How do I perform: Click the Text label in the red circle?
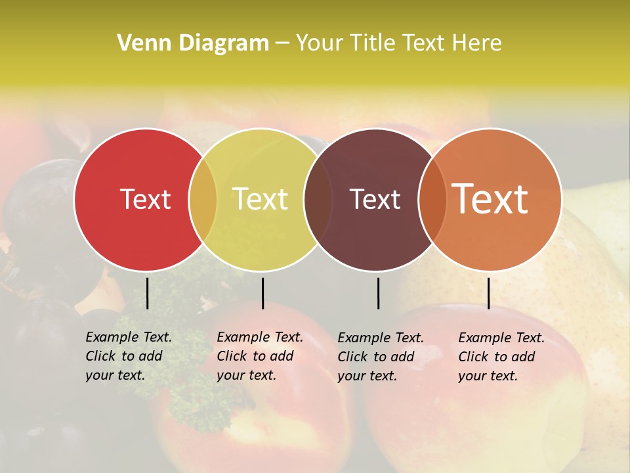coord(145,199)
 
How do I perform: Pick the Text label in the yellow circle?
coord(260,199)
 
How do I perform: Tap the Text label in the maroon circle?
coord(375,199)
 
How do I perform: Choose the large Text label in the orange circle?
coord(490,199)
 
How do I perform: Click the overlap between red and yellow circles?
coord(203,200)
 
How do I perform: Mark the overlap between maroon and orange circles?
coord(432,200)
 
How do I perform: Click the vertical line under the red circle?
coord(147,293)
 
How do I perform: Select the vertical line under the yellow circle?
coord(262,293)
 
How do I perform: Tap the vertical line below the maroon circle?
coord(378,293)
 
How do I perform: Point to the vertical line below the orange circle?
coord(488,293)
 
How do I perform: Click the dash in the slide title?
coord(282,43)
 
